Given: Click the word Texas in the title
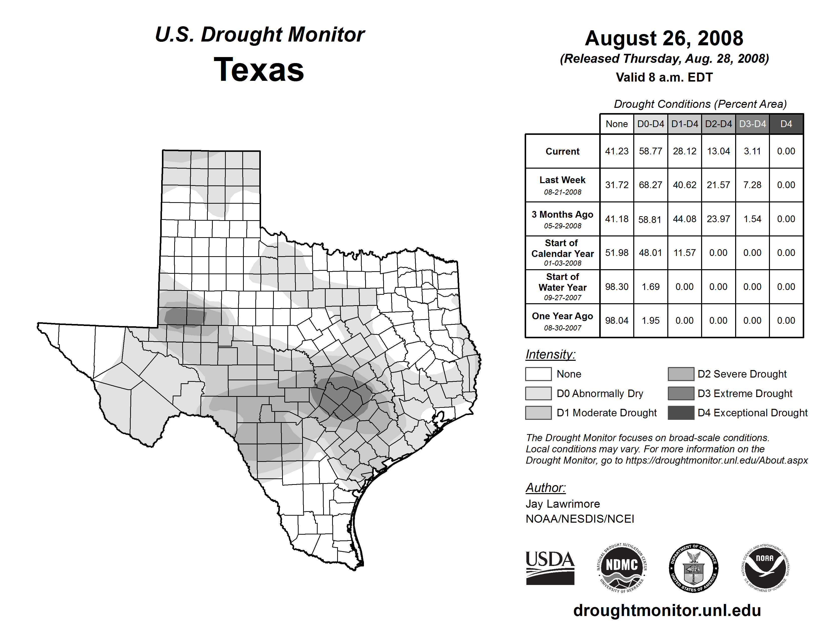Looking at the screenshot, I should [259, 70].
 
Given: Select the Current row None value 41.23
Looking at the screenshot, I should [616, 151].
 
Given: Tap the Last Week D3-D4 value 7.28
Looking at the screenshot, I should [752, 185].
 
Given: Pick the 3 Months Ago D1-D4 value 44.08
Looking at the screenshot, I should [684, 219].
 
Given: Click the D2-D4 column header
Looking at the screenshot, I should [718, 124].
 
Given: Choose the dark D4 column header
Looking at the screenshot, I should [786, 124].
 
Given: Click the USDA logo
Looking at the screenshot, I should [550, 568].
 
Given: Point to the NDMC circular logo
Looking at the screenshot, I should [622, 568].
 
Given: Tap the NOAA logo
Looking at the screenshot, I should [765, 568].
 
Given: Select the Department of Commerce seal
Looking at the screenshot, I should [694, 568].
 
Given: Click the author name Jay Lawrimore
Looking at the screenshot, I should [562, 504].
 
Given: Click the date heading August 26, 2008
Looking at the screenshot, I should [664, 38].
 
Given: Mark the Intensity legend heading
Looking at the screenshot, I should [550, 355].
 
